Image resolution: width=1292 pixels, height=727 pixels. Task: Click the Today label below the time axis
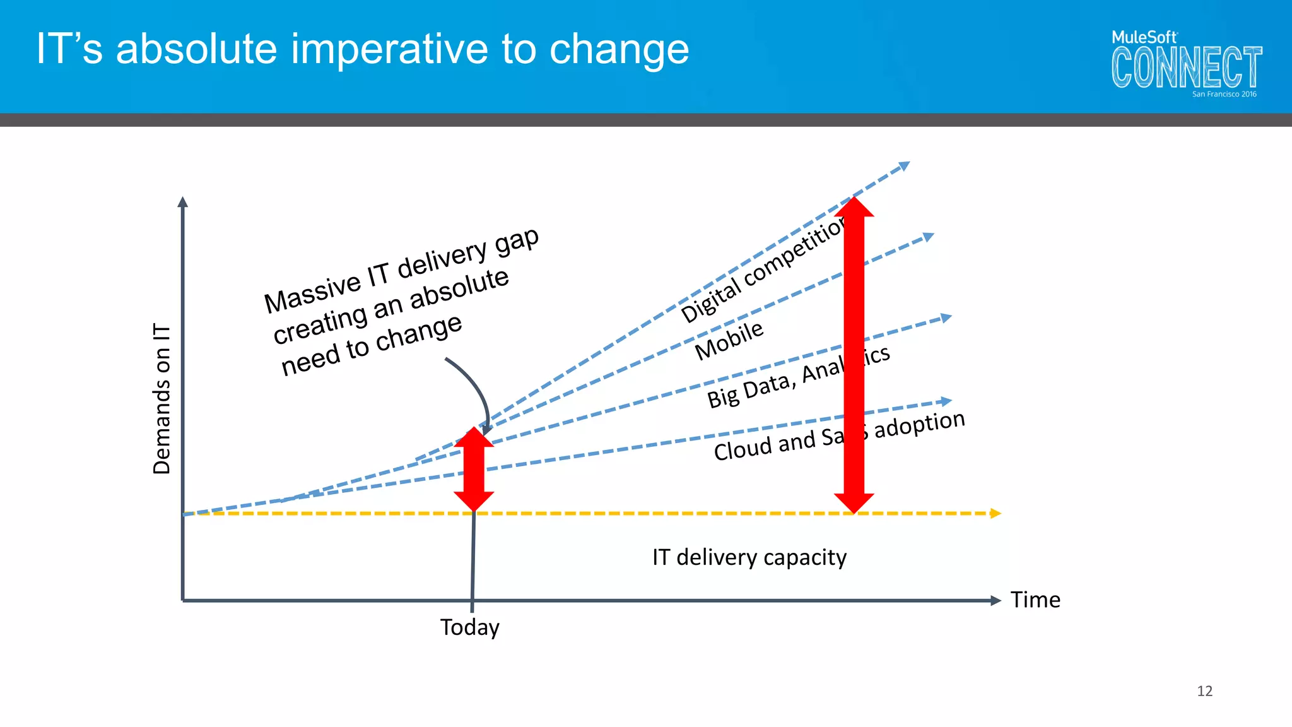[x=470, y=627]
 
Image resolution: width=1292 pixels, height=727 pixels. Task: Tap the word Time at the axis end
[x=1035, y=600]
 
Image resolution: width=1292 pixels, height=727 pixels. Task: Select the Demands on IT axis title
[x=162, y=399]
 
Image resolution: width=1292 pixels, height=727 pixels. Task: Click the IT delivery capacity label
[x=749, y=557]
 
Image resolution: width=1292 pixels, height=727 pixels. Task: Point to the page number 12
[x=1204, y=691]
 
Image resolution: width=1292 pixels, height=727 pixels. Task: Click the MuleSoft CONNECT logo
[x=1186, y=63]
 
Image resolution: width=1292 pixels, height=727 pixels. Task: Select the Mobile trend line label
[x=729, y=341]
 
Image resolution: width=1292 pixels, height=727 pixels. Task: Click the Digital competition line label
[x=764, y=271]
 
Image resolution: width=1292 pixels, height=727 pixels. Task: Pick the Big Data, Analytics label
[x=798, y=377]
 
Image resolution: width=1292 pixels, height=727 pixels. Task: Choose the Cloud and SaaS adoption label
[x=839, y=435]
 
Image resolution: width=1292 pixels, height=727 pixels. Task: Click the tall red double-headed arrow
[x=854, y=353]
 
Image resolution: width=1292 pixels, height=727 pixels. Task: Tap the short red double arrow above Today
[x=474, y=469]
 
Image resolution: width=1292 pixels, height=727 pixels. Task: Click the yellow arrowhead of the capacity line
[x=995, y=513]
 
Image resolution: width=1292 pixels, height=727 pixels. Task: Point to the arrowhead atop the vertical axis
[x=183, y=202]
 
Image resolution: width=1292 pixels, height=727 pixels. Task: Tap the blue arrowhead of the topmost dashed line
[x=903, y=166]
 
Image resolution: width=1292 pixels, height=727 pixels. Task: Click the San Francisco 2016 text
[x=1224, y=94]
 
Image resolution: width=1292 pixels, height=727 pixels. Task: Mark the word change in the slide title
[x=619, y=49]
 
